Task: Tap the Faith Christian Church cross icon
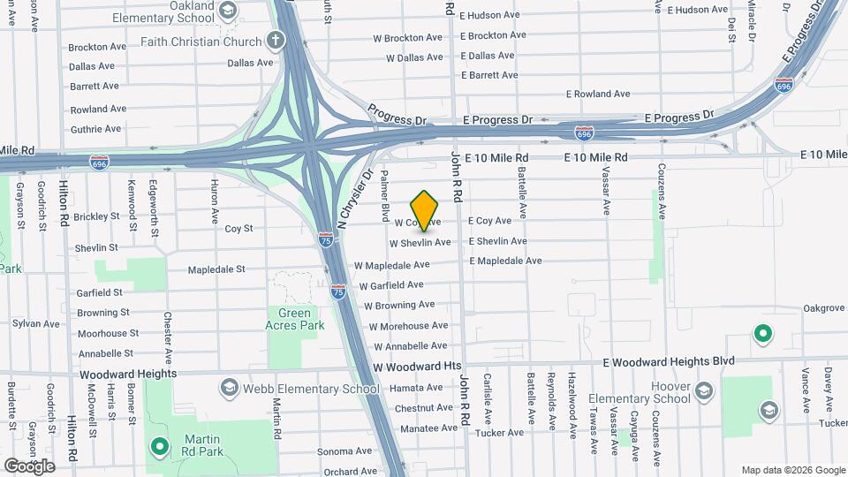tap(276, 41)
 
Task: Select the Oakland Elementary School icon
tap(228, 11)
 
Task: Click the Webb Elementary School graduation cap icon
tap(230, 389)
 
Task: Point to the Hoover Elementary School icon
tap(704, 390)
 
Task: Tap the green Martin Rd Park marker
tap(159, 447)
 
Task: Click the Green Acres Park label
tap(295, 319)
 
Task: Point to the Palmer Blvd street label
tap(385, 197)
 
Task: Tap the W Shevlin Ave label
tap(420, 242)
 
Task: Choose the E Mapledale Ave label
tap(505, 261)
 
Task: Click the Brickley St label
tap(96, 216)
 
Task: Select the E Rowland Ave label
tap(598, 94)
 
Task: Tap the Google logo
tap(29, 466)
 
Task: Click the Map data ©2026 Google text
tap(791, 470)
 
